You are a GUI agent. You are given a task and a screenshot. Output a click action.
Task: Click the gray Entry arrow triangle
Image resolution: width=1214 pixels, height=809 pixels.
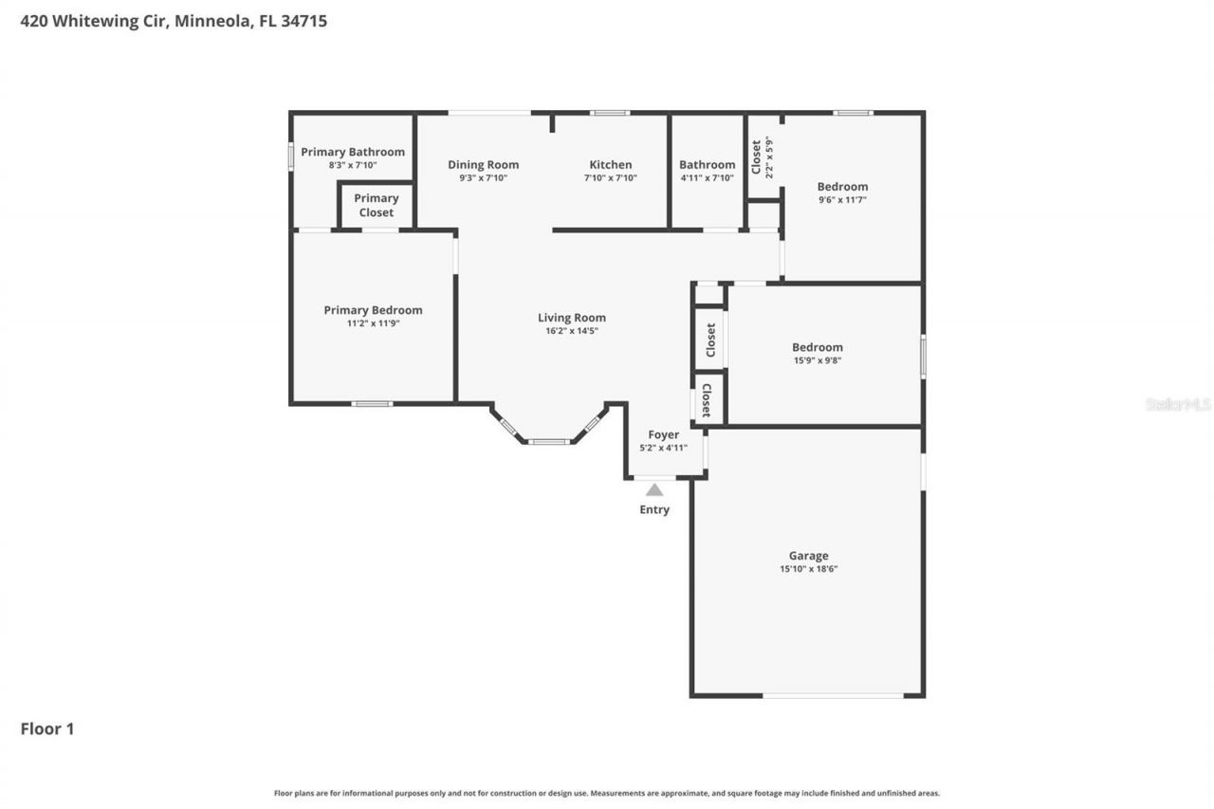tap(654, 489)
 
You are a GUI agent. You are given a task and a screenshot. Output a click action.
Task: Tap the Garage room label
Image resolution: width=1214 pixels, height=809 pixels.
tap(808, 556)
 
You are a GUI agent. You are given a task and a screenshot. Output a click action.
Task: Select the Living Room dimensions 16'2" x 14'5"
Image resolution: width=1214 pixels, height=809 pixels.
tap(571, 331)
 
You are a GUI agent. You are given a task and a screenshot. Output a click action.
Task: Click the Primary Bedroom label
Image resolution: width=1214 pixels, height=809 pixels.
tap(373, 310)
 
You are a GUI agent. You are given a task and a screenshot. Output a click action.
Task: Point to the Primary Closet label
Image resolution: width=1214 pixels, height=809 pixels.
tap(377, 205)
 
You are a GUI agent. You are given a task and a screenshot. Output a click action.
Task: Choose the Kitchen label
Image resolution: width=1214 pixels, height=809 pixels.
tap(610, 164)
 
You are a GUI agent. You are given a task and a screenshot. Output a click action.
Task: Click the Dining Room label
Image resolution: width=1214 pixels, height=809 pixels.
tap(483, 164)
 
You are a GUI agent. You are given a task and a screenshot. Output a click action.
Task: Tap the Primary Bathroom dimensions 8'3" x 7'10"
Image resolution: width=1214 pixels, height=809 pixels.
tap(352, 165)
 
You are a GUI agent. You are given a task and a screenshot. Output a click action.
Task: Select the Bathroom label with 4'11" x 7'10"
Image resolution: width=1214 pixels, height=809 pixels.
tap(707, 164)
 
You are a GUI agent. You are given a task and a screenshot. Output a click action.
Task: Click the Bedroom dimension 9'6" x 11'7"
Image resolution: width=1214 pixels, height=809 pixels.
tap(842, 200)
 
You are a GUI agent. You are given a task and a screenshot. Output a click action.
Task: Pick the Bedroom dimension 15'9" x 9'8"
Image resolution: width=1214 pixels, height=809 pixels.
tap(817, 360)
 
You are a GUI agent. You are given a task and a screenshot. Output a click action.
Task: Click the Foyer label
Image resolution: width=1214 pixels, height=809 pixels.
tap(663, 434)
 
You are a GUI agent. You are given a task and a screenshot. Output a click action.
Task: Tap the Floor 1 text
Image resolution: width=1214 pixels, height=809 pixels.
tap(47, 728)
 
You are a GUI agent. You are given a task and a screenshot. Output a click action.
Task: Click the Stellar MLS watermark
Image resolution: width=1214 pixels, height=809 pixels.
tap(1178, 404)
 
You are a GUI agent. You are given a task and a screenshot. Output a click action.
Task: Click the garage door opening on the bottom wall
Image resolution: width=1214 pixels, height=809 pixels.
tap(833, 695)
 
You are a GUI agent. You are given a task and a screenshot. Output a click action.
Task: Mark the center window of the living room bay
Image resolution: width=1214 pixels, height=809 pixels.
tap(549, 441)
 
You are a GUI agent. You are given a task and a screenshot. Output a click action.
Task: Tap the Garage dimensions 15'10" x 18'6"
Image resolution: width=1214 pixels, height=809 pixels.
tap(808, 569)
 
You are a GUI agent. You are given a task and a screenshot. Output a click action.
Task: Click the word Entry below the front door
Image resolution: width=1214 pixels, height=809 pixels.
tap(654, 509)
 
